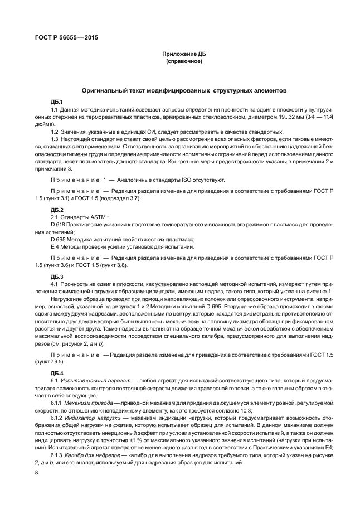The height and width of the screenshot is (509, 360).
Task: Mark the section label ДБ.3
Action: tap(57, 277)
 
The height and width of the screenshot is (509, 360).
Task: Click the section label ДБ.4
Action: tap(57, 373)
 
